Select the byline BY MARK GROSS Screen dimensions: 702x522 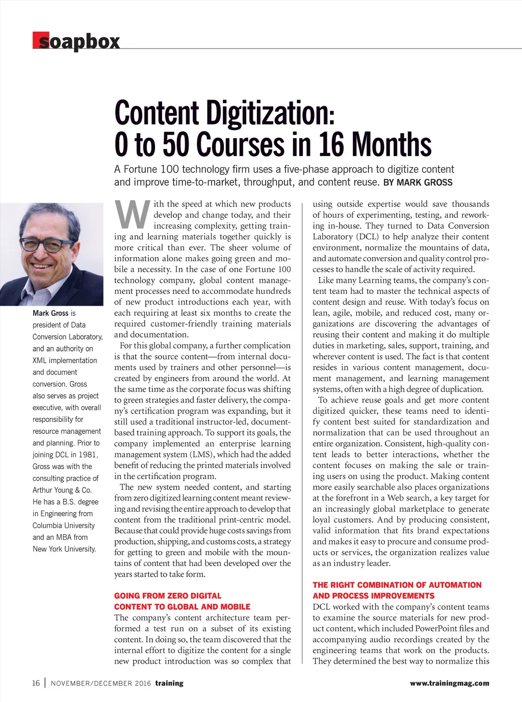tap(417, 183)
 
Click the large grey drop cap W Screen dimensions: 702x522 tap(132, 214)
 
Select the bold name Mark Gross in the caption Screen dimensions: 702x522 tap(50, 313)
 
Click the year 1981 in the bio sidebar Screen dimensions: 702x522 tap(89, 455)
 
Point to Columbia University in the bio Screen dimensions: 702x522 tap(64, 525)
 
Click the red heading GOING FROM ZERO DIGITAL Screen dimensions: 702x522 tap(168, 596)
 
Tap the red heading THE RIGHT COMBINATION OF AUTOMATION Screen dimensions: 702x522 tap(397, 585)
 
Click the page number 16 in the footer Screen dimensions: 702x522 tap(36, 683)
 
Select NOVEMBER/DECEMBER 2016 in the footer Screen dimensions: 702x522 tap(101, 684)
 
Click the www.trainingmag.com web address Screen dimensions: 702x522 tap(449, 684)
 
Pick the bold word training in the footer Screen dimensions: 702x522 tap(169, 684)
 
